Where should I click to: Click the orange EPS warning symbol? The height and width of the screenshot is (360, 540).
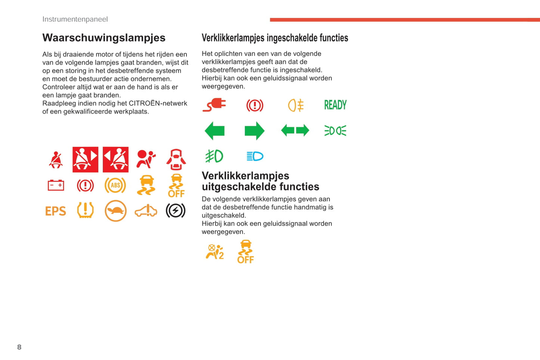coord(55,211)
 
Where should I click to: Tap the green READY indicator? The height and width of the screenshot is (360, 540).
coord(335,105)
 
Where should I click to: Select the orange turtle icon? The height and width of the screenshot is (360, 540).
coord(115,211)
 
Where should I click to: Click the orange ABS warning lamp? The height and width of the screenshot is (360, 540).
coord(115,185)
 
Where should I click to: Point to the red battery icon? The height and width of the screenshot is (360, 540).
coord(56,185)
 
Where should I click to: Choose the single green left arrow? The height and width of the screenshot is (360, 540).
coord(215,131)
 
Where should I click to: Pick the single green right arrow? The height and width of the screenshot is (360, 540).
coord(254,131)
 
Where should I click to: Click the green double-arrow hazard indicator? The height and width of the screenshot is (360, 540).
coord(295,131)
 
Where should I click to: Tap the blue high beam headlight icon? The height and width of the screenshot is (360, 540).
coord(255,156)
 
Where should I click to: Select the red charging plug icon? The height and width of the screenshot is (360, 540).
coord(215,105)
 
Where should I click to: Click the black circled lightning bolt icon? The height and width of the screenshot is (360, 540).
coord(175,211)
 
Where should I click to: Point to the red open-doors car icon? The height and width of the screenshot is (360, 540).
coord(176,160)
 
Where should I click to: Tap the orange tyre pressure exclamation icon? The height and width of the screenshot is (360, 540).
coord(85,210)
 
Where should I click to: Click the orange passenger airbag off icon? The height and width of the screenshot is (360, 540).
coord(215,252)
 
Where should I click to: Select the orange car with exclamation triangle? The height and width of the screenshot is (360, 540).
coord(146,211)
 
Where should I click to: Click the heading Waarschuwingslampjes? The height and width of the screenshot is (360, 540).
coord(104,38)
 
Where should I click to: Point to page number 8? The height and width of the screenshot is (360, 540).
coord(19,347)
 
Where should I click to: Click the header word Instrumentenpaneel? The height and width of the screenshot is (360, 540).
coord(75,19)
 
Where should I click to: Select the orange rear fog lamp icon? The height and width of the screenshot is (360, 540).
coord(295,105)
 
